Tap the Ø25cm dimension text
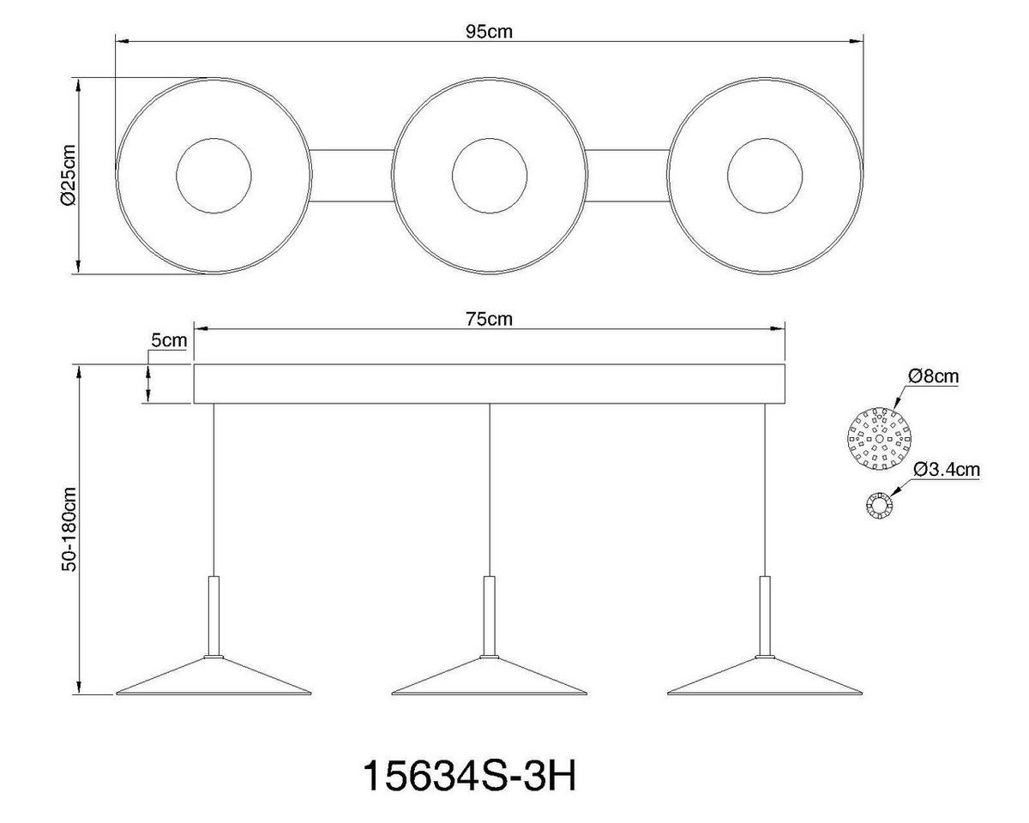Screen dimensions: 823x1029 click(69, 176)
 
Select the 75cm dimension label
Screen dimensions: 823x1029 click(489, 319)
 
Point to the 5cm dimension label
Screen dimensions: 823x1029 click(168, 340)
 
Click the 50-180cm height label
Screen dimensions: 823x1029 click(69, 529)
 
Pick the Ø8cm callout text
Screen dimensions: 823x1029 click(932, 376)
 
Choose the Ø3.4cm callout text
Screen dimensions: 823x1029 click(947, 469)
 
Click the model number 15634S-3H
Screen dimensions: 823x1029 click(469, 777)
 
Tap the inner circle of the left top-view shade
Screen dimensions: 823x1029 click(214, 176)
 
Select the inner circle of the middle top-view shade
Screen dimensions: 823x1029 click(490, 176)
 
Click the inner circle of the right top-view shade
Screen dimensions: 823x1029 click(765, 176)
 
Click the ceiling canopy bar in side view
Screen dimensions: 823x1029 click(489, 384)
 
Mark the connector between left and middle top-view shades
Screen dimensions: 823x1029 click(352, 176)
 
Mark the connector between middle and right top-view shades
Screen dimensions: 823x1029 click(628, 176)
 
